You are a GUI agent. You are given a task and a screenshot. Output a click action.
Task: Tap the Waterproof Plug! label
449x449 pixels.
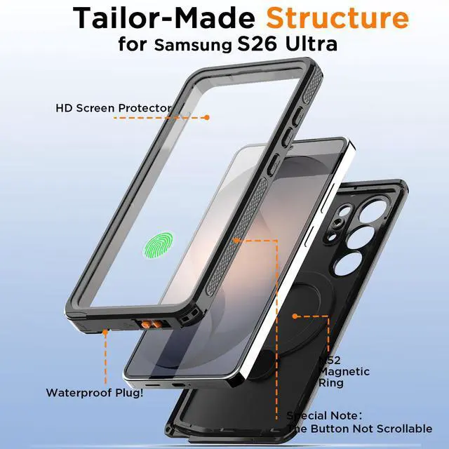point(95,392)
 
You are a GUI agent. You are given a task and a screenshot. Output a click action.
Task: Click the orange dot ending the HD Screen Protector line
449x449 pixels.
point(207,117)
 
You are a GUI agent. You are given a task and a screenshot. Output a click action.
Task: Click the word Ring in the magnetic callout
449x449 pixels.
point(330,384)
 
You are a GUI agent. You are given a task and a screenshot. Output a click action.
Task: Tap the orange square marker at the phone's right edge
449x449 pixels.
point(238,241)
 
